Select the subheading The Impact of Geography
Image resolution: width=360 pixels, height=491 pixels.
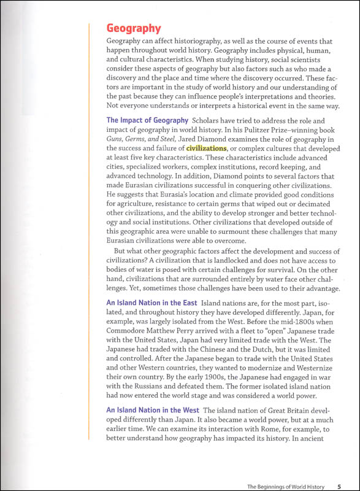point(147,120)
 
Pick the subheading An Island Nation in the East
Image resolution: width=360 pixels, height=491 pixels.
point(151,303)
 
